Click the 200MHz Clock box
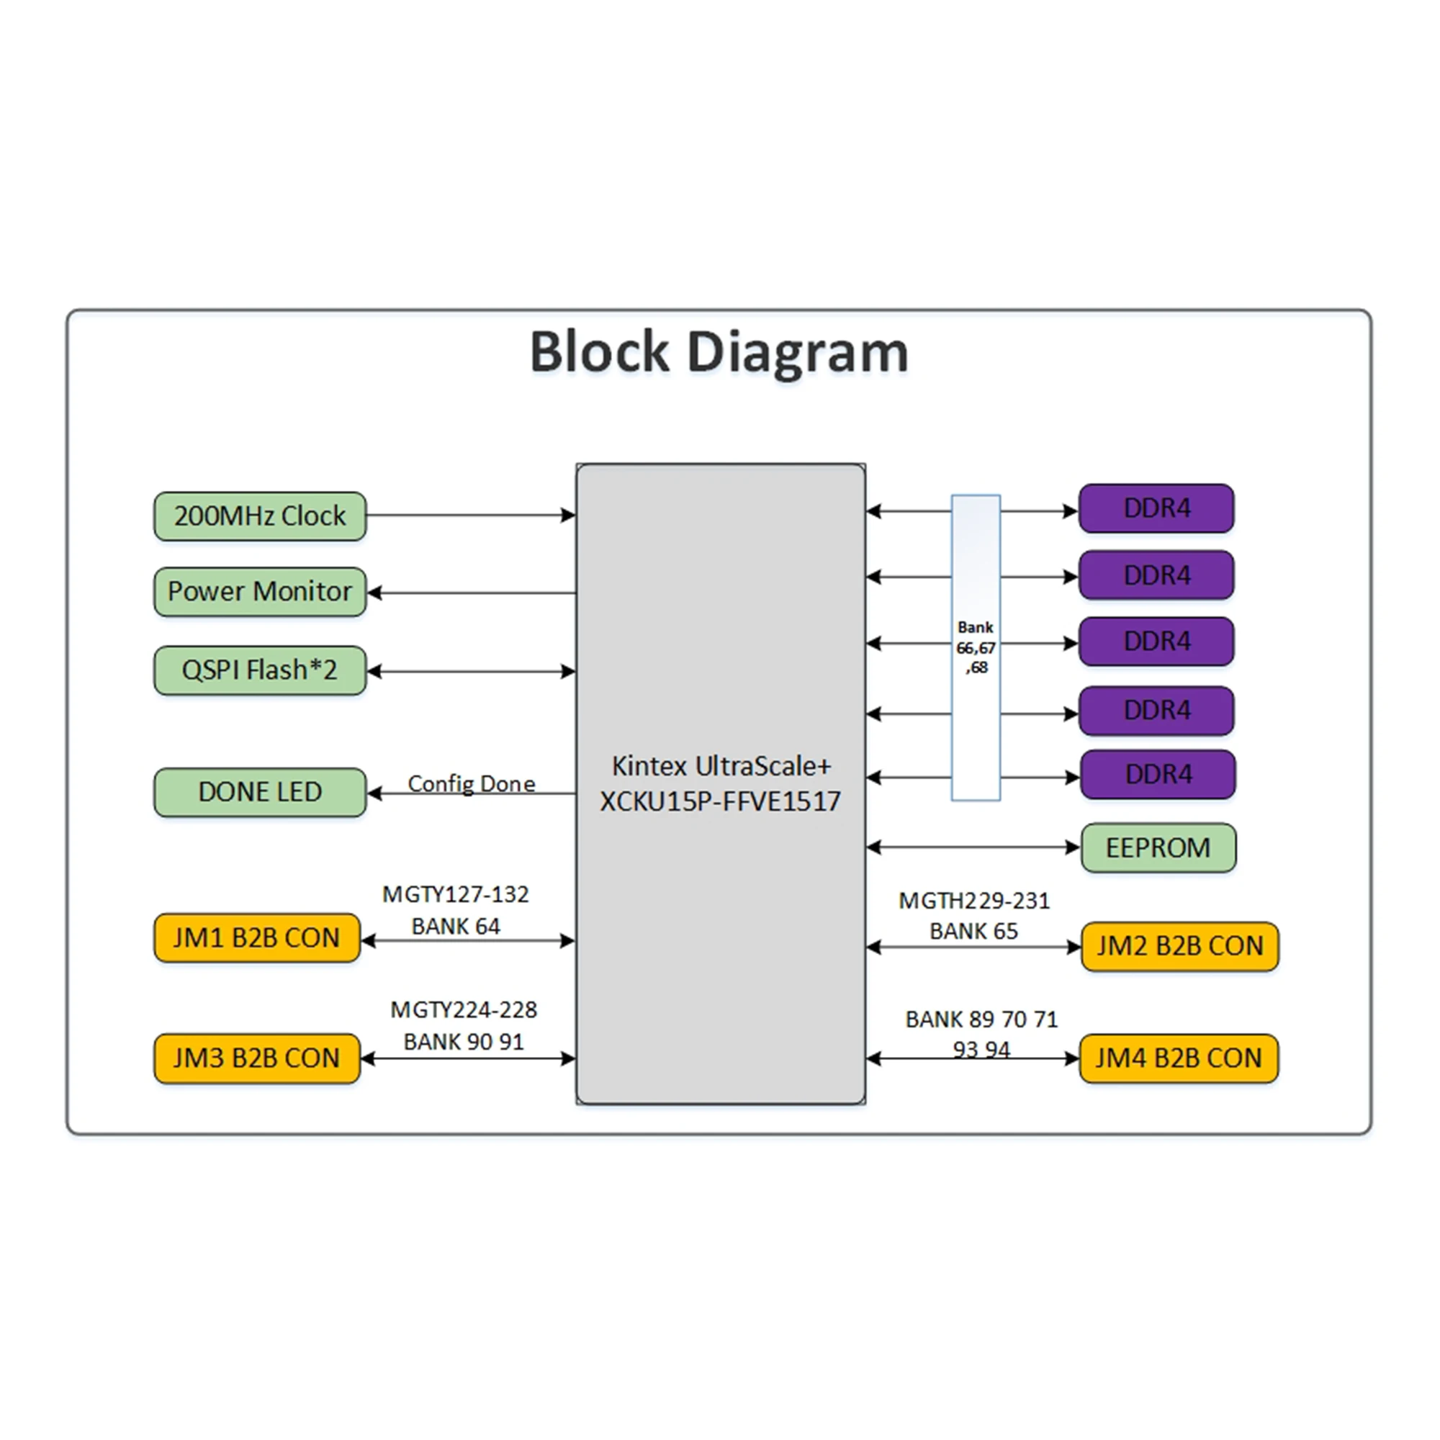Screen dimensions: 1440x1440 259,516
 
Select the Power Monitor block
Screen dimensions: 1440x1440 259,592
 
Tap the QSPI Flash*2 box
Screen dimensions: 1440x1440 259,670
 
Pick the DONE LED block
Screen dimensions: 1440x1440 259,791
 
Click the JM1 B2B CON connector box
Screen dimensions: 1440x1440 256,937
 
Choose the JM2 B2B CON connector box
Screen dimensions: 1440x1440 1179,946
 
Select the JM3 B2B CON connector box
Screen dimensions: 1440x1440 256,1058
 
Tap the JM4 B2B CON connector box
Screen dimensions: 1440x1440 1178,1058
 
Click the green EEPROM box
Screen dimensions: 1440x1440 1158,847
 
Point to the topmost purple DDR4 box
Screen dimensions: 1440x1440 1156,508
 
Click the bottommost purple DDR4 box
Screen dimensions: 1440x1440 1158,775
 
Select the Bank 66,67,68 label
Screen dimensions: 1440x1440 975,647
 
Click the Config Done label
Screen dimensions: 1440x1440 471,783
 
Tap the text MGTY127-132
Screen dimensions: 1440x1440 456,894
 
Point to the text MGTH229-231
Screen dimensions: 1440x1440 973,901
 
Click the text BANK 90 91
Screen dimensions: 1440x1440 463,1041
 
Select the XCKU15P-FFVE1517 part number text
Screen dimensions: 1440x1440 720,801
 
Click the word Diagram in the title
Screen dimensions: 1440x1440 797,352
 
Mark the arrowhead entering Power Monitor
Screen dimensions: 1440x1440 375,593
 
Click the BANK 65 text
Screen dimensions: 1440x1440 973,931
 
